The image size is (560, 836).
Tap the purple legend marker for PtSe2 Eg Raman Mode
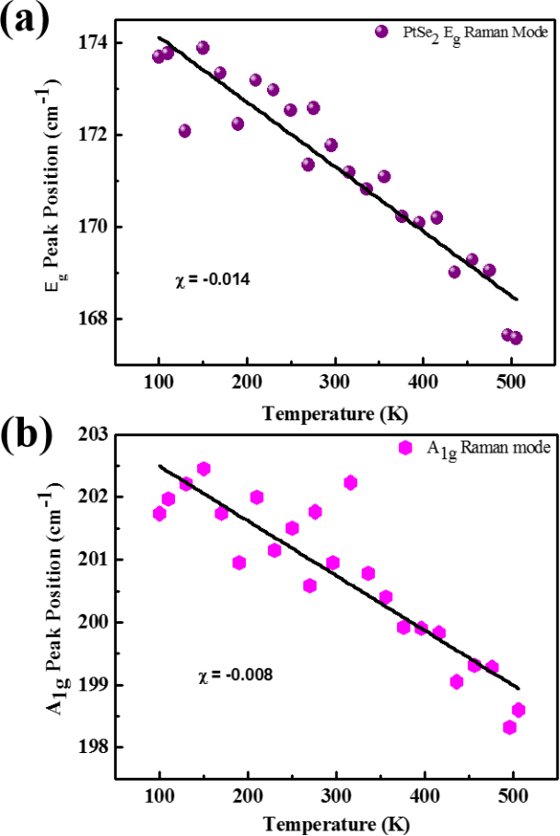coord(380,32)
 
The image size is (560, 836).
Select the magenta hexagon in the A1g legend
coord(404,448)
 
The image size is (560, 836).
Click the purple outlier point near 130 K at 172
coord(184,131)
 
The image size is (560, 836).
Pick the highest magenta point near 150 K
coord(204,469)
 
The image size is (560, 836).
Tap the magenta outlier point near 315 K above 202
coord(350,483)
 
